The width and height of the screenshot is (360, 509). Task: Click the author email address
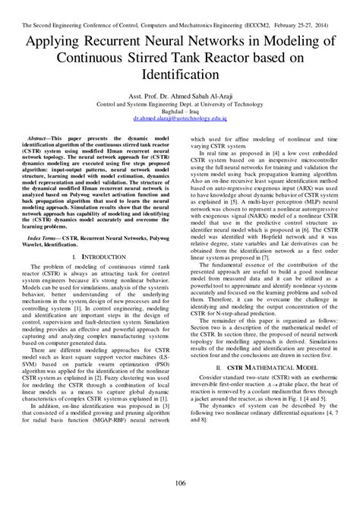180,119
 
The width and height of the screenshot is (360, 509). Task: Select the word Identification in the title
180,77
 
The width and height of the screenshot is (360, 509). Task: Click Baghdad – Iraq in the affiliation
180,112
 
